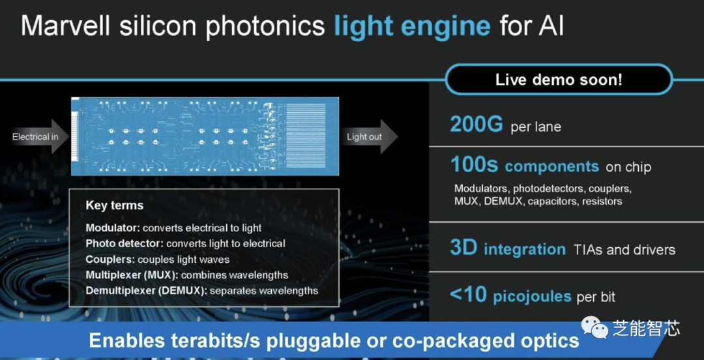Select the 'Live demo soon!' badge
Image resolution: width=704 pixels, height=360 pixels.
(x=559, y=80)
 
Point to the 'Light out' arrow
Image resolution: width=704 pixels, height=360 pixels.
(x=370, y=136)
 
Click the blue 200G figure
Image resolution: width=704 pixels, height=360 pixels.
(x=477, y=125)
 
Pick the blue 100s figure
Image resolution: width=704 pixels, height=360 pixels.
(x=474, y=166)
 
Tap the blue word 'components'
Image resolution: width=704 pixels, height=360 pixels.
(x=552, y=167)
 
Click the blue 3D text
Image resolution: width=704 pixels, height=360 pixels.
(x=463, y=248)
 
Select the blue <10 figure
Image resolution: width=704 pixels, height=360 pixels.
(x=468, y=295)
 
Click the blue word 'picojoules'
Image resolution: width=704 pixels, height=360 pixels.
(x=532, y=297)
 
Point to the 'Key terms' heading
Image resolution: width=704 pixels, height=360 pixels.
(x=115, y=206)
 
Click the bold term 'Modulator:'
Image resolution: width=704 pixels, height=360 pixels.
(x=113, y=228)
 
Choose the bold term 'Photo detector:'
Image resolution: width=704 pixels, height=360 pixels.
(x=125, y=244)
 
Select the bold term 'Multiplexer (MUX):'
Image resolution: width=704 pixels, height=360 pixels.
(x=132, y=275)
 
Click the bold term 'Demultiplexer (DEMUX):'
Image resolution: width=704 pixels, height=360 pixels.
(x=147, y=291)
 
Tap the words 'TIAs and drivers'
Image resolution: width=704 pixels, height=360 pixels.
(x=624, y=249)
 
